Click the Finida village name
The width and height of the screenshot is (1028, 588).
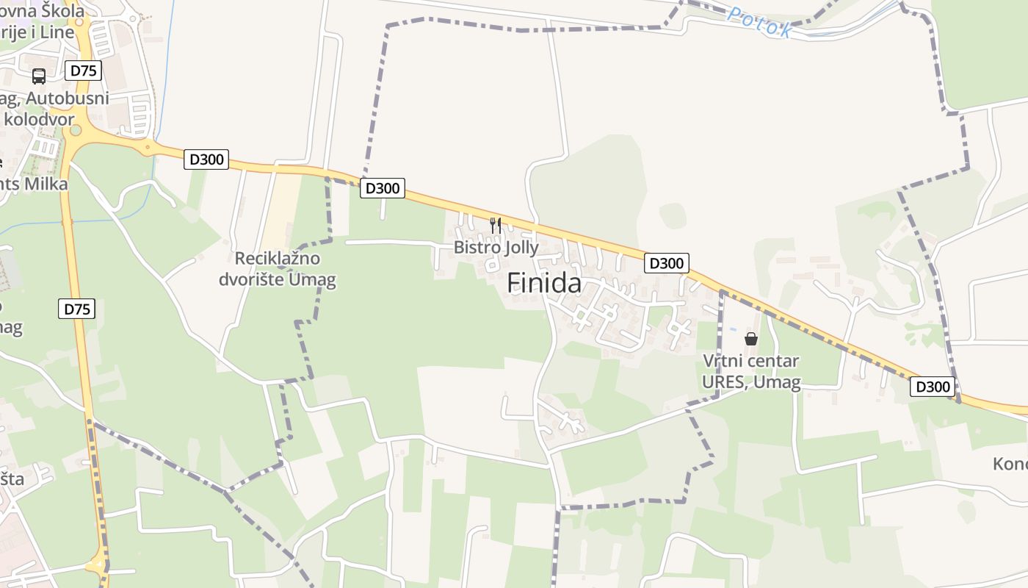pyautogui.click(x=544, y=283)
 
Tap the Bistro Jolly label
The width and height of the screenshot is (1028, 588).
pyautogui.click(x=496, y=248)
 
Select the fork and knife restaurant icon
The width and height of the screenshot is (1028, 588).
pyautogui.click(x=496, y=225)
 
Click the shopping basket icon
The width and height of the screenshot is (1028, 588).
pyautogui.click(x=750, y=339)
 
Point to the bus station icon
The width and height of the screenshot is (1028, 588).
pyautogui.click(x=39, y=76)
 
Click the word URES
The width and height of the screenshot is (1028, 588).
pyautogui.click(x=725, y=381)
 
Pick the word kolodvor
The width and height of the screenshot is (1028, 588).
pyautogui.click(x=40, y=119)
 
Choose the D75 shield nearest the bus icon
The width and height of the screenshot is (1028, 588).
pyautogui.click(x=83, y=71)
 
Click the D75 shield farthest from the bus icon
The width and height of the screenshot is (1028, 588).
pyautogui.click(x=76, y=309)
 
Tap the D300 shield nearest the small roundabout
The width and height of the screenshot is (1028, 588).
pyautogui.click(x=206, y=159)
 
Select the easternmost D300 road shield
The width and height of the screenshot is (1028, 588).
pyautogui.click(x=932, y=387)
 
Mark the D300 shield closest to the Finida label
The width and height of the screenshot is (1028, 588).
pyautogui.click(x=666, y=262)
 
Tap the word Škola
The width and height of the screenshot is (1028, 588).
pyautogui.click(x=63, y=11)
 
